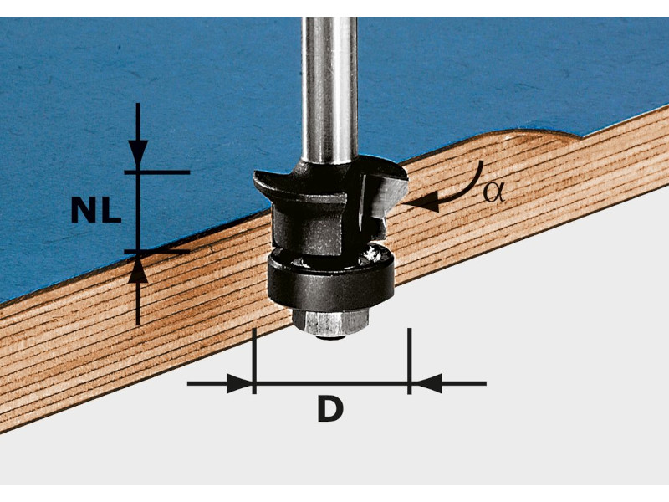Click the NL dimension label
pyautogui.click(x=96, y=211)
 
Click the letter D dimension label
pyautogui.click(x=330, y=408)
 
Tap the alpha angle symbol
pyautogui.click(x=493, y=192)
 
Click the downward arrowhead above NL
pyautogui.click(x=137, y=153)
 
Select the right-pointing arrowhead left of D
pyautogui.click(x=239, y=383)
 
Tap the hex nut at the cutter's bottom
pyautogui.click(x=330, y=322)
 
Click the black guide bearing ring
pyautogui.click(x=331, y=277)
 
